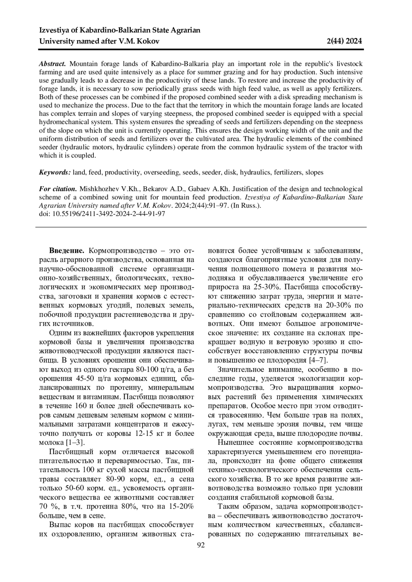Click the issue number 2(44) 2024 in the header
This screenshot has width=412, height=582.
(x=344, y=41)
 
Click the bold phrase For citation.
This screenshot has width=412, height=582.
(x=58, y=189)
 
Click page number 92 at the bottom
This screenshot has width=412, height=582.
(x=201, y=546)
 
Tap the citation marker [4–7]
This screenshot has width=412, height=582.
(x=319, y=360)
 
